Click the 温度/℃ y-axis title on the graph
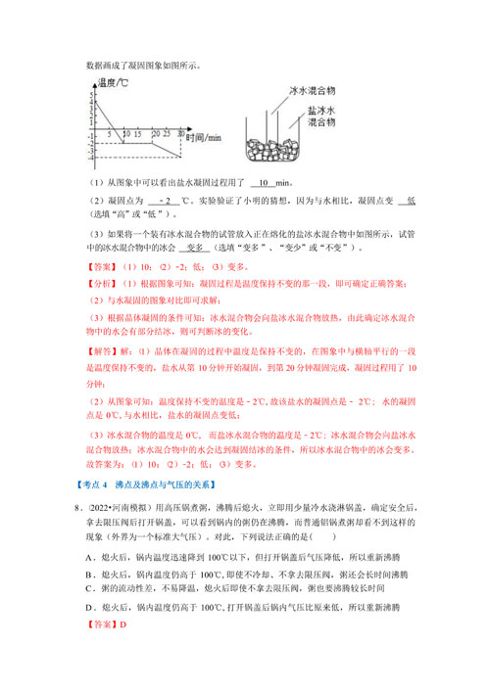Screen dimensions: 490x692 (x=109, y=84)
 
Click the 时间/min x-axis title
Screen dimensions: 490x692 (x=207, y=135)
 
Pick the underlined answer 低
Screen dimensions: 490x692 (x=411, y=201)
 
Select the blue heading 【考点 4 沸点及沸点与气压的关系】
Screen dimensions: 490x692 (x=146, y=486)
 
